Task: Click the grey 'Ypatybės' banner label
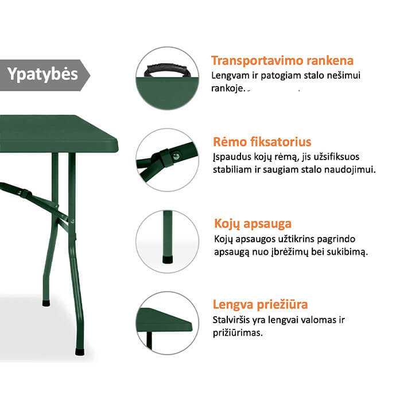[42, 75]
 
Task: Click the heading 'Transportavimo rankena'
[282, 61]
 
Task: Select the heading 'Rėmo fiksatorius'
[262, 142]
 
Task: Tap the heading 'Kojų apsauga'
[253, 224]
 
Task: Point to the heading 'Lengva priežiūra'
[260, 304]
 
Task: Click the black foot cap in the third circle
[168, 260]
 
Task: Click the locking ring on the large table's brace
[26, 194]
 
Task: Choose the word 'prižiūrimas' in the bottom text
[238, 333]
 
